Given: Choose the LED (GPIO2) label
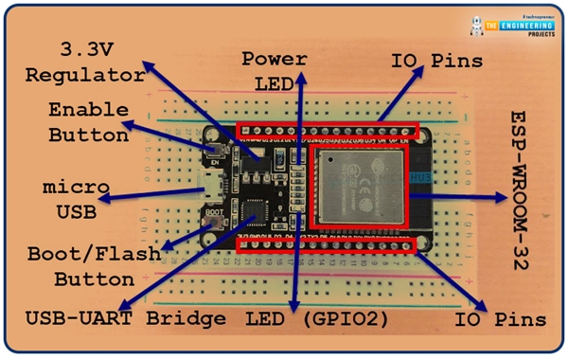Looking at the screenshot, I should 317,320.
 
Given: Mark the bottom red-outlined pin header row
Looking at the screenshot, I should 326,245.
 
